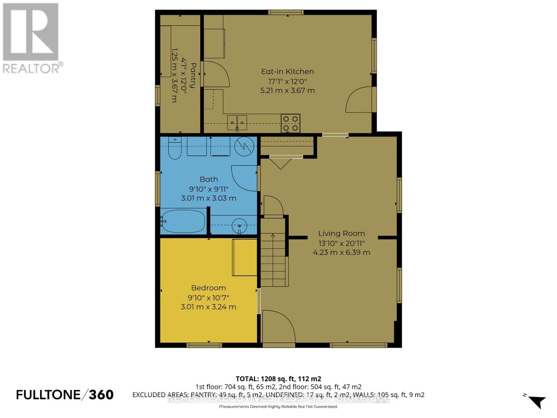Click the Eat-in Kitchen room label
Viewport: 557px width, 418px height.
[x=288, y=71]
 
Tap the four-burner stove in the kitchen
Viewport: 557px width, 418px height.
[x=291, y=124]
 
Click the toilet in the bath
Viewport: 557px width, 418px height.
[x=175, y=148]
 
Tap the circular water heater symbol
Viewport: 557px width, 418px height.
[x=244, y=146]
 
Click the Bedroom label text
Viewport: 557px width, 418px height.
[x=209, y=288]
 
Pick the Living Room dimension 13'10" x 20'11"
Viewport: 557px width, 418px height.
[x=342, y=243]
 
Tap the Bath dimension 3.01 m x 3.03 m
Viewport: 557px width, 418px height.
[x=209, y=198]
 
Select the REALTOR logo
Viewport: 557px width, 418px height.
[x=32, y=38]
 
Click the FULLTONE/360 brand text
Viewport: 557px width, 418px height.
[x=65, y=395]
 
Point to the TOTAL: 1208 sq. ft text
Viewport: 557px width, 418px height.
[x=278, y=379]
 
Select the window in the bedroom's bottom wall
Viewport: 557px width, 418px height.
[x=204, y=345]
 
